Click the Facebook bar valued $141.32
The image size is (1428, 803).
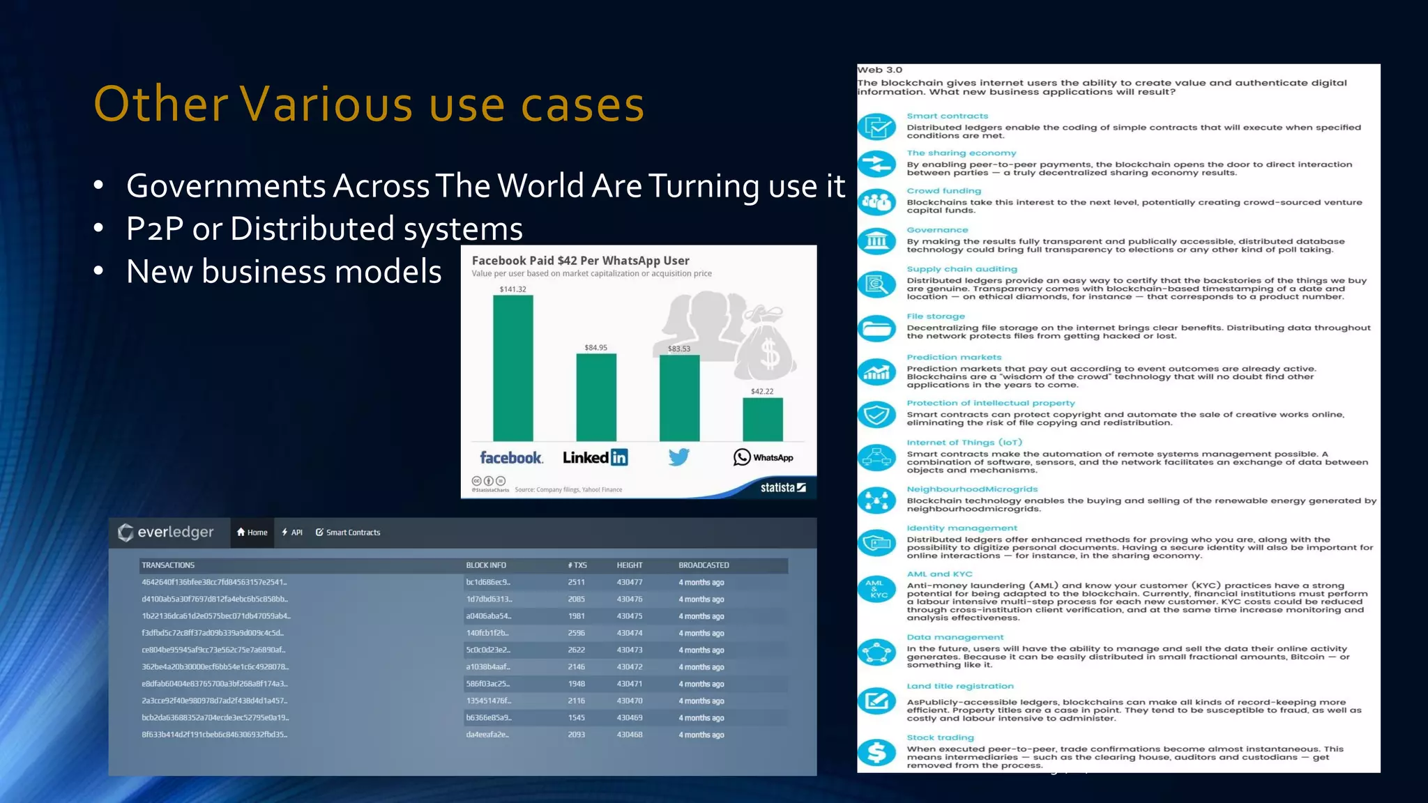tap(513, 368)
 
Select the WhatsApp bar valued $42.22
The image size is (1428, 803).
tap(763, 419)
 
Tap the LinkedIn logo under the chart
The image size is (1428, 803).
tap(595, 457)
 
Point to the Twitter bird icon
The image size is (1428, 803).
tap(678, 457)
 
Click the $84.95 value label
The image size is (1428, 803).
tap(595, 347)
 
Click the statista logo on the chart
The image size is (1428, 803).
tap(782, 487)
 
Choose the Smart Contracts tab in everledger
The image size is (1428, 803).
tap(348, 533)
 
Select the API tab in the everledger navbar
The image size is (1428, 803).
tap(292, 533)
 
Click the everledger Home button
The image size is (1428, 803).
tap(252, 533)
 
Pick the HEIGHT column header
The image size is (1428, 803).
tap(630, 565)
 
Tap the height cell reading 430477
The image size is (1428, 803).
tap(630, 582)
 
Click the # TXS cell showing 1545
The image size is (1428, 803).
tap(576, 717)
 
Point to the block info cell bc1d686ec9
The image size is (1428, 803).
tap(488, 582)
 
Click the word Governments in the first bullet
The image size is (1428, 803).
tap(226, 186)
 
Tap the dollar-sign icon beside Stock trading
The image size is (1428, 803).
tap(876, 752)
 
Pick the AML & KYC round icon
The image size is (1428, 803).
tap(876, 589)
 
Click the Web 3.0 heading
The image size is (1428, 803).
tap(879, 70)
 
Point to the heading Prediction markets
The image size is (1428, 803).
tap(954, 357)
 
